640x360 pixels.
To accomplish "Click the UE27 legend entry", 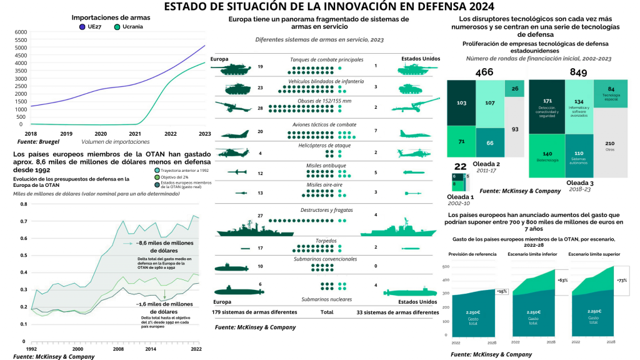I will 91,27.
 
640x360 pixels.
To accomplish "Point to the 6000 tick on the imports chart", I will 20,32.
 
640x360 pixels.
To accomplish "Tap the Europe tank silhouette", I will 234,67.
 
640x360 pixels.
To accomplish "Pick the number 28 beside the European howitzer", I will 260,108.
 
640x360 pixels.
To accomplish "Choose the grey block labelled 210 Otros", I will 610,145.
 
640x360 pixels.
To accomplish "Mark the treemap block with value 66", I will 489,142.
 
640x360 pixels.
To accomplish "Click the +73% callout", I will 622,281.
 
